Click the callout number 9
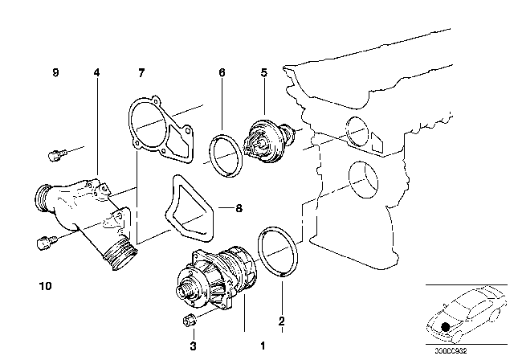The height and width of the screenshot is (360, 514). click(x=56, y=73)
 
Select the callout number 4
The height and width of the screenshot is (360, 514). click(x=96, y=73)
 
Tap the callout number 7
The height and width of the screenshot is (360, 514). click(x=141, y=73)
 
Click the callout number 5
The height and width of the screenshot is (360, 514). click(x=263, y=73)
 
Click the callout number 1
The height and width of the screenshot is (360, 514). click(x=262, y=346)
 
